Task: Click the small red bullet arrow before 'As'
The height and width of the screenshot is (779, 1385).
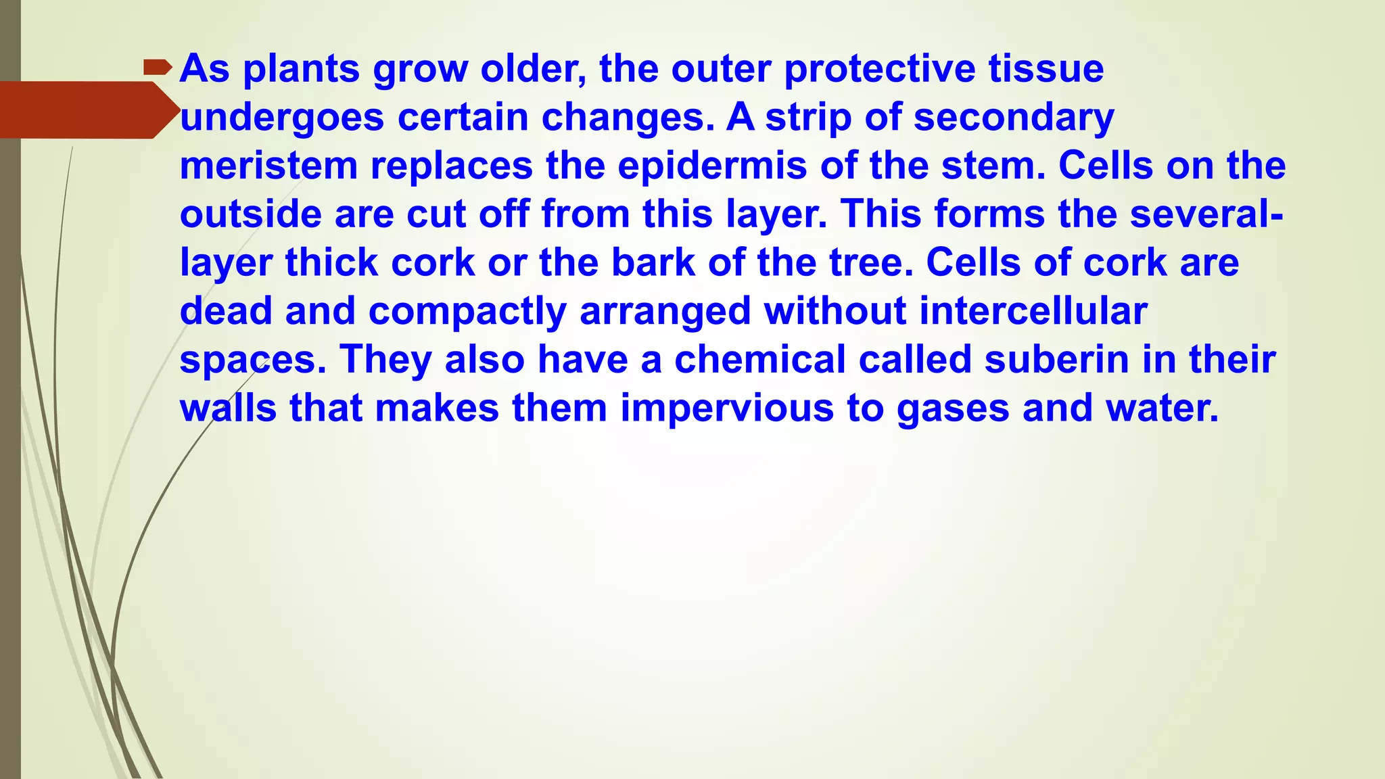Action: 158,68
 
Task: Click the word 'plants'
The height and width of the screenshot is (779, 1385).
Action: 301,69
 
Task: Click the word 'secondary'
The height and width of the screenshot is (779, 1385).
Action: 1014,118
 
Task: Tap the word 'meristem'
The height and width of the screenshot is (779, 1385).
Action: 268,166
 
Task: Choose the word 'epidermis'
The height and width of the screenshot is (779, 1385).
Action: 712,167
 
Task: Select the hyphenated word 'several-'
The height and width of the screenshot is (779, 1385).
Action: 1206,214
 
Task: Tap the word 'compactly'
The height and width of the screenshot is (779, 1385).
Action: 467,312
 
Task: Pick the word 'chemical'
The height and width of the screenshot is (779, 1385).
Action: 760,359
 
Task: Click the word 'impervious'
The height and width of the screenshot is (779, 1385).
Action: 727,409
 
